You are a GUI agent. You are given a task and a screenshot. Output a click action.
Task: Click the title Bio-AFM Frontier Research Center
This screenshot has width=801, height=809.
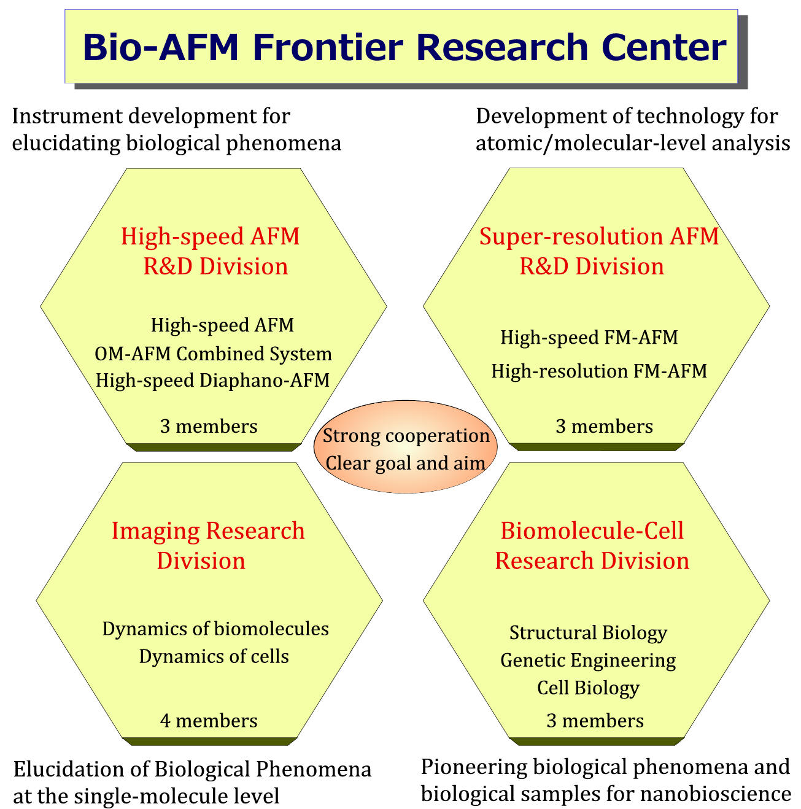[x=404, y=47]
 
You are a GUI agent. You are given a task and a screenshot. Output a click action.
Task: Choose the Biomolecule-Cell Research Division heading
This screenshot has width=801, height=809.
[x=592, y=545]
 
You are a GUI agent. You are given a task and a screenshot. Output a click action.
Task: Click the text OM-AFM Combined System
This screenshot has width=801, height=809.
[x=213, y=354]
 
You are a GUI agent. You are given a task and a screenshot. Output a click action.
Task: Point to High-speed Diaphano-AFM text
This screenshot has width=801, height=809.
[x=212, y=380]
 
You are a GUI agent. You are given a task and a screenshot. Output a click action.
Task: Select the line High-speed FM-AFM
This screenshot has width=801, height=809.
[x=589, y=337]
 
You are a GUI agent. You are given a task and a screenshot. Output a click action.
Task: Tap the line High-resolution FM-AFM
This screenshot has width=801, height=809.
[x=598, y=371]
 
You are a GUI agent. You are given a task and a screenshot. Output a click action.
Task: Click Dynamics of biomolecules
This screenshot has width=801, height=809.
[x=215, y=629]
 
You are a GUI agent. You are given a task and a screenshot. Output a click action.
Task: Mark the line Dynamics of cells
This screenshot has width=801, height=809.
[x=214, y=656]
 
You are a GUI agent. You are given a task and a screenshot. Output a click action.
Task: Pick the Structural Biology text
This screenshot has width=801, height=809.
[x=588, y=632]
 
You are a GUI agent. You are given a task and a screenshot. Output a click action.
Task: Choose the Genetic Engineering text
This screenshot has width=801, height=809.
[x=588, y=660]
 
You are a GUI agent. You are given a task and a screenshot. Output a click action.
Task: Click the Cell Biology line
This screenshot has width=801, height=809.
[x=588, y=687]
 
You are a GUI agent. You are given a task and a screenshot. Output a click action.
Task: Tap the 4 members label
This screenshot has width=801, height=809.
[x=209, y=720]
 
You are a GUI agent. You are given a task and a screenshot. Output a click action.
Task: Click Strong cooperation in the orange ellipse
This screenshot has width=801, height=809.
[x=406, y=435]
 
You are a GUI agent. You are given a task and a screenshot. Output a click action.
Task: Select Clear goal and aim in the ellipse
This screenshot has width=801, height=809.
[x=405, y=462]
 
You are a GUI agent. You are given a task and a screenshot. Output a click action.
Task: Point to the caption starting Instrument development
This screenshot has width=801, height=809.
[x=176, y=130]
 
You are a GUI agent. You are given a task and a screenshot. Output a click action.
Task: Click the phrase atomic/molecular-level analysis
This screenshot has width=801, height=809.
[x=632, y=143]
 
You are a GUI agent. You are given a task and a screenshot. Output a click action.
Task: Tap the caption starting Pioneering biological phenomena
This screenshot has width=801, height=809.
[x=605, y=780]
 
